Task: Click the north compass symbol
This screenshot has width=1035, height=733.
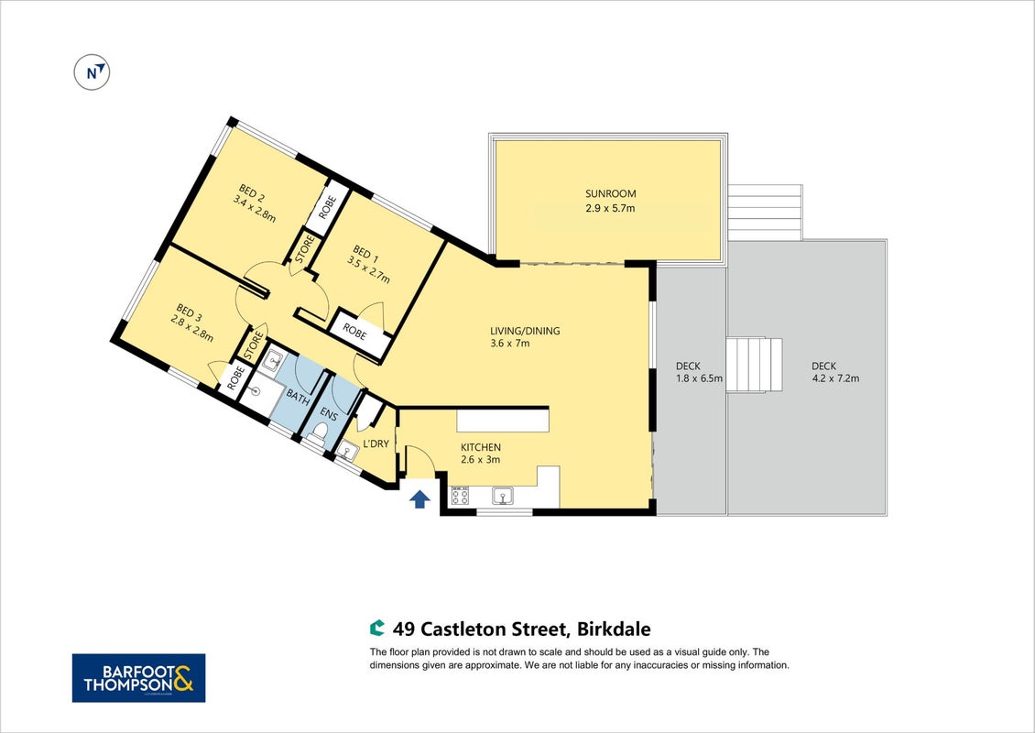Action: tap(92, 72)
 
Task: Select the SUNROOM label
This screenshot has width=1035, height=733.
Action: tap(611, 193)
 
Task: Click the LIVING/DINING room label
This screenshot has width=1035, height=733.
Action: tap(525, 331)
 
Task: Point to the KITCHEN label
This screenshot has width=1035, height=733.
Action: tap(481, 447)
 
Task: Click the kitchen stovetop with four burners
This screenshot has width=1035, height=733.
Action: tap(460, 495)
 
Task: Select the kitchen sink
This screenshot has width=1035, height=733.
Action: tap(503, 496)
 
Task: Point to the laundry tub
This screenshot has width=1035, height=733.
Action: tap(346, 451)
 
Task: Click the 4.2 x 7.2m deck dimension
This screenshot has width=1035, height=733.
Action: tap(835, 378)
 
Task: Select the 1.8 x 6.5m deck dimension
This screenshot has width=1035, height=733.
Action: tap(699, 378)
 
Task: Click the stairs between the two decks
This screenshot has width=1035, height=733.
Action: tap(754, 366)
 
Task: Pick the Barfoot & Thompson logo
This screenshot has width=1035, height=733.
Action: tap(138, 677)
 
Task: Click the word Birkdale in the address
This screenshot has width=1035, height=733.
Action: tap(614, 629)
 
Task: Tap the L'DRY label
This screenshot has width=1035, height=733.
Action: tap(376, 443)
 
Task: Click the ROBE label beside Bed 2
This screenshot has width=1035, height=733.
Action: tap(327, 208)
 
